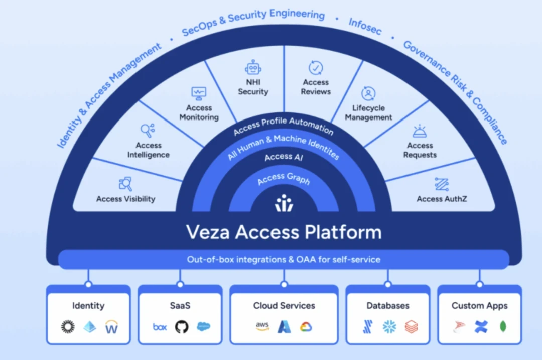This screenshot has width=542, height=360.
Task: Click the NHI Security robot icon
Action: coord(253,68)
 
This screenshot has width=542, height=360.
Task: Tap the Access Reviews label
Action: coord(316,87)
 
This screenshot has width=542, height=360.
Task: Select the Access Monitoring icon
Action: coord(199,93)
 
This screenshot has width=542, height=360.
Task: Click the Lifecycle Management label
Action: coord(368,112)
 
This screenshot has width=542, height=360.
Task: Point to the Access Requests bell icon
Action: coord(420,132)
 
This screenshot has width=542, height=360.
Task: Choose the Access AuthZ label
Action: coord(442,199)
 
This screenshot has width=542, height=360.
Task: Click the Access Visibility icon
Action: coord(125,184)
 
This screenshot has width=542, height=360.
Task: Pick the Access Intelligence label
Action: coord(148,150)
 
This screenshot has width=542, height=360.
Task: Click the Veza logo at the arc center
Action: coord(284,203)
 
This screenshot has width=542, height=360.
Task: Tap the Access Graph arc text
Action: coord(284,178)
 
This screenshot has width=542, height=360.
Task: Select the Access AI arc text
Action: coord(284,157)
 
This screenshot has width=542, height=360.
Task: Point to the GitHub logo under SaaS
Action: coord(181,327)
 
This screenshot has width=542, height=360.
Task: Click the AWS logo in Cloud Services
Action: coord(262,327)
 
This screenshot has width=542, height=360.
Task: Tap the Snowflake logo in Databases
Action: coord(389,327)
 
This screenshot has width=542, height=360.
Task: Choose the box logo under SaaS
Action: coord(160,327)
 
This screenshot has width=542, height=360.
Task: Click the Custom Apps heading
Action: coord(479,306)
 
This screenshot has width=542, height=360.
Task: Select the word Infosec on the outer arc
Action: coord(365,27)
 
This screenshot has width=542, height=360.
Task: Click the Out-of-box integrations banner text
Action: coord(284,260)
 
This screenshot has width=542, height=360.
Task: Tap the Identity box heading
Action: coord(88,306)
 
